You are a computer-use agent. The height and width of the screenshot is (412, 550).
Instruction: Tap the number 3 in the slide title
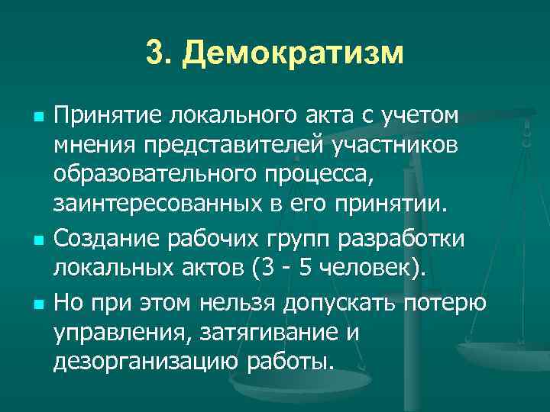click(x=154, y=54)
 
